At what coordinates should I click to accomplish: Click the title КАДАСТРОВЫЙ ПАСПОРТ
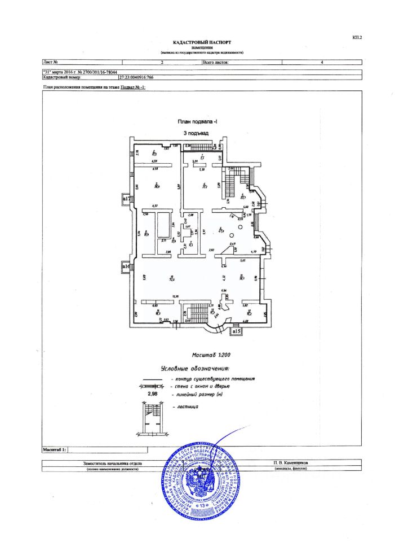202,42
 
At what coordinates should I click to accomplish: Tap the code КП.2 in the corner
357,37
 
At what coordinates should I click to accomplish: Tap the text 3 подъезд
196,133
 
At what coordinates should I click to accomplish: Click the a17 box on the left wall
127,198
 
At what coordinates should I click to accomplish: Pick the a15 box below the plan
237,332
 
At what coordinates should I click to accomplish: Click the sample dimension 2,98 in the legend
153,394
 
